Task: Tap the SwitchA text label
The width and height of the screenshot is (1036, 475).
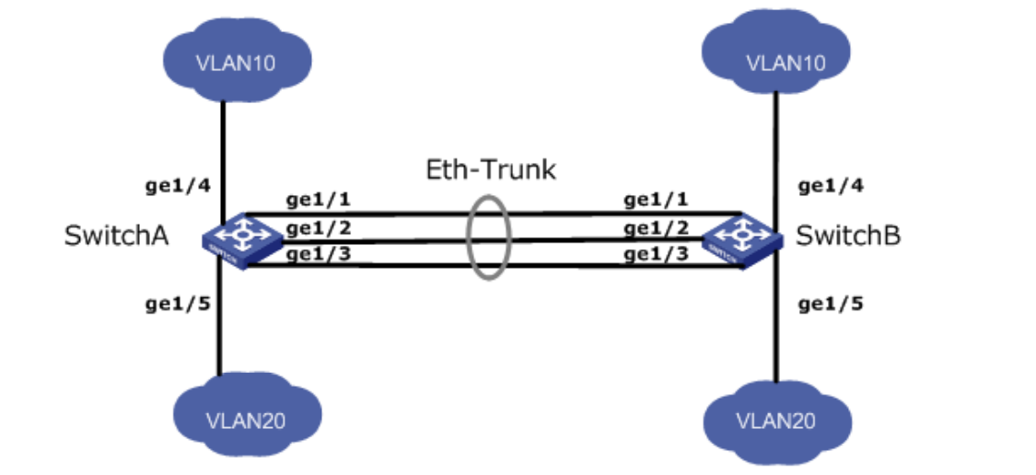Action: coord(116,237)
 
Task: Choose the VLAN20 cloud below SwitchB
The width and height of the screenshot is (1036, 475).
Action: coord(775,420)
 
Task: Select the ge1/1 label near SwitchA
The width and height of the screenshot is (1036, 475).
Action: coord(315,199)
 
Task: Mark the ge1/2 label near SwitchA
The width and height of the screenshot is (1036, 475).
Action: coord(315,227)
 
